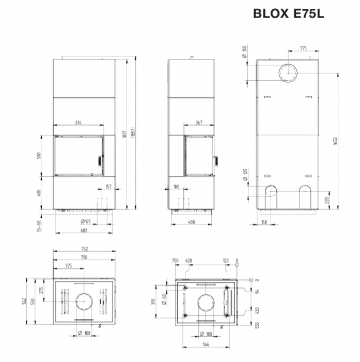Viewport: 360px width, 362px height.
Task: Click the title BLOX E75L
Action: click(288, 14)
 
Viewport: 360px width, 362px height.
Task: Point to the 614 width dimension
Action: click(79, 123)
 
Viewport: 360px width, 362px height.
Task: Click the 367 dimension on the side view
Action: click(199, 123)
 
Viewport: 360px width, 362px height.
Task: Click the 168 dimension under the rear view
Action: click(263, 222)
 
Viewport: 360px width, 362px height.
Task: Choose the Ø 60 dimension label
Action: click(164, 299)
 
